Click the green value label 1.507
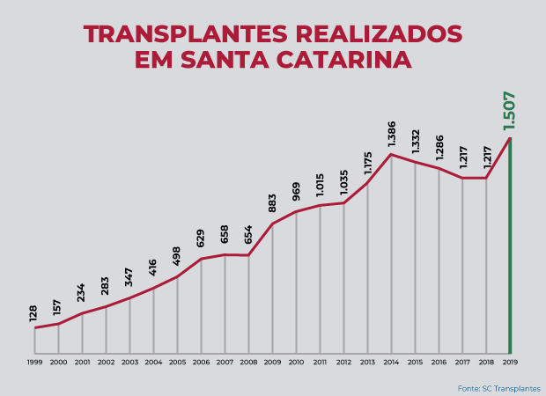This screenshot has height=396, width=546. point(509,112)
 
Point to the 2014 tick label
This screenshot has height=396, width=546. point(391,362)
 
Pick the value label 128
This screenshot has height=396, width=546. point(33,312)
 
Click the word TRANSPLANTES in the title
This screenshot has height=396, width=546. point(184,35)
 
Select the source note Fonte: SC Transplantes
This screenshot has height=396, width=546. point(498,388)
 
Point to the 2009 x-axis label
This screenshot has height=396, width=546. point(272,362)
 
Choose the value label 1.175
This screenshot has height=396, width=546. point(367,166)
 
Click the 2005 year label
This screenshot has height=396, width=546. point(177,362)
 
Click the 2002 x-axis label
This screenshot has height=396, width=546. point(106,362)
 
